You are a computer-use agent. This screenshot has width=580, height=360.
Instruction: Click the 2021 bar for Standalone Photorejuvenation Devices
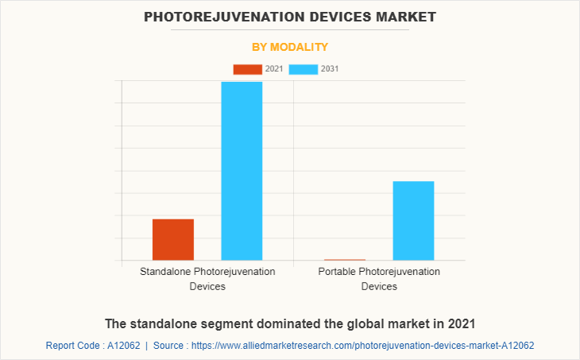point(173,239)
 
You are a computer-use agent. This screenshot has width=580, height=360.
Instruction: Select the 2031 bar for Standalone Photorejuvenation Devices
point(242,171)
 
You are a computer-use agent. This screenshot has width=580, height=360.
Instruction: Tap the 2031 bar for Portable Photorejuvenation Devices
point(413,220)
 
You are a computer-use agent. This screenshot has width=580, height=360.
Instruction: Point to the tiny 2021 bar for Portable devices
point(345,259)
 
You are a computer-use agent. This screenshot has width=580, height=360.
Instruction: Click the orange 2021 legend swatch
point(247,69)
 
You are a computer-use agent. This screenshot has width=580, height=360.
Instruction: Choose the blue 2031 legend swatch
point(304,69)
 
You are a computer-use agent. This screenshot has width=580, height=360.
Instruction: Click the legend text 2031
point(330,69)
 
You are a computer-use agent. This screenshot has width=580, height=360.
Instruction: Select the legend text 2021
point(274,69)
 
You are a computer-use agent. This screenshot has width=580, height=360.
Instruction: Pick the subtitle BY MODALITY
point(290,47)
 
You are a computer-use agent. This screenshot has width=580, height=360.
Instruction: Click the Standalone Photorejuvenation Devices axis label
point(207,279)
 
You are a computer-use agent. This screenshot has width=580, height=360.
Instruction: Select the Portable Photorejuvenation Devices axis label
point(379,279)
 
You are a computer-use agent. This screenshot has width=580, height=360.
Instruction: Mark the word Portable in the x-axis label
point(337,272)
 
